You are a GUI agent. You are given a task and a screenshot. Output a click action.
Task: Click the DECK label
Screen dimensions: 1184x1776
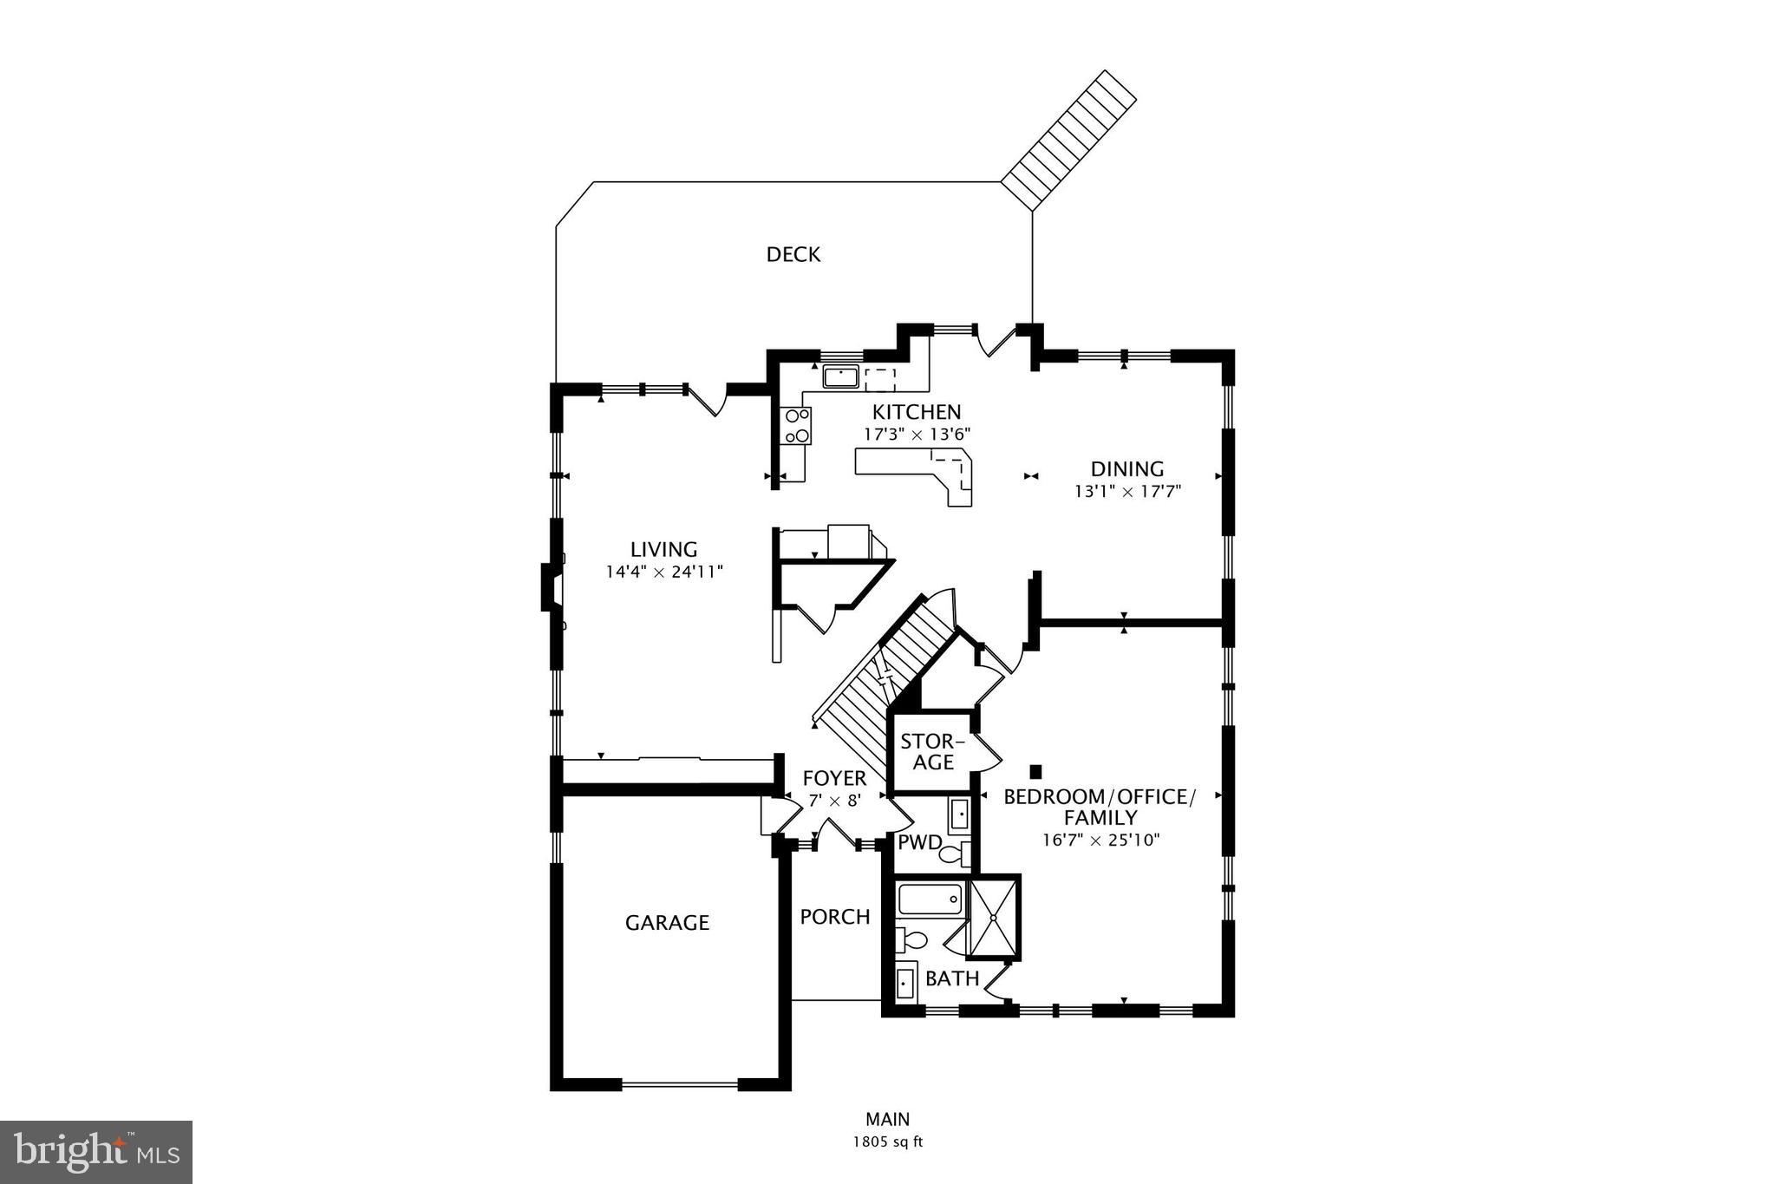793,254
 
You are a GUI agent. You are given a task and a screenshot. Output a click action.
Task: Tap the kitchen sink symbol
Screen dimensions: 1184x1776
840,377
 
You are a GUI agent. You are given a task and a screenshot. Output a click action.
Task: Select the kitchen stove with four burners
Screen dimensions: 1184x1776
796,426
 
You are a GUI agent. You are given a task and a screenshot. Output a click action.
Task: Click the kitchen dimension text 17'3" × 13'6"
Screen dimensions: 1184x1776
917,434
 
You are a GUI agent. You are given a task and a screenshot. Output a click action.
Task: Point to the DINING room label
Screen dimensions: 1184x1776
1126,469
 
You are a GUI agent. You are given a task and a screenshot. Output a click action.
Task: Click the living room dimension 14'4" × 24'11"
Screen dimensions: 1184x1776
663,572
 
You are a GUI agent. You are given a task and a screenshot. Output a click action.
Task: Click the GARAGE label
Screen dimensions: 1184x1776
667,923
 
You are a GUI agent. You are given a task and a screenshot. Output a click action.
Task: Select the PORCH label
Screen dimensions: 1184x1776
834,917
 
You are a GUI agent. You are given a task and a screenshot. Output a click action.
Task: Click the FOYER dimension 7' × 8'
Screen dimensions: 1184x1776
834,801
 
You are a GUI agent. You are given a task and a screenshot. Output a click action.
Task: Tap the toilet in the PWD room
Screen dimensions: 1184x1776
952,854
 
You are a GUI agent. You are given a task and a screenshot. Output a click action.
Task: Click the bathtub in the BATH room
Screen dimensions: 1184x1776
930,899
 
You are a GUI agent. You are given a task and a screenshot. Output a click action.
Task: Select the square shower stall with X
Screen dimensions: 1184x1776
994,918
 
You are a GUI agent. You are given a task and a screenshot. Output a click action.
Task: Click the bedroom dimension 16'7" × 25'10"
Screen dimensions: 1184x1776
1100,840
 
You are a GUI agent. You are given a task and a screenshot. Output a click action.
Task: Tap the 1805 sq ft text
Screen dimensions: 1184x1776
887,1142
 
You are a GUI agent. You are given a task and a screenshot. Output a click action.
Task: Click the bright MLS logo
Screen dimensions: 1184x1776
96,1152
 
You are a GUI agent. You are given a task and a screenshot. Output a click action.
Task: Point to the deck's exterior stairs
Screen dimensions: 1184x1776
1069,139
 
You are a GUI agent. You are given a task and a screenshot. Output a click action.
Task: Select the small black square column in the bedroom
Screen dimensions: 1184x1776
1035,771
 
